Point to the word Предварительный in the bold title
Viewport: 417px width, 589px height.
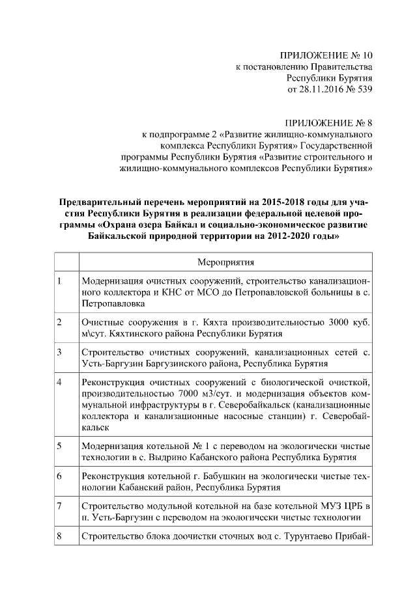pos(100,202)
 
